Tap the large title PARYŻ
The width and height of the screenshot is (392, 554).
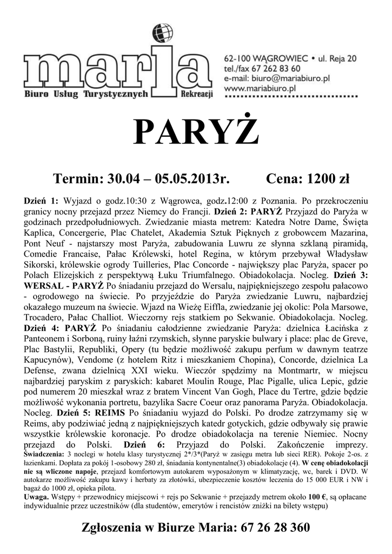[196, 132]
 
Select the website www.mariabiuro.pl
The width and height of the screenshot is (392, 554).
[259, 87]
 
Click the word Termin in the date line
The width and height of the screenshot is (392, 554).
[78, 178]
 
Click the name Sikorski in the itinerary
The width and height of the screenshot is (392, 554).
[44, 265]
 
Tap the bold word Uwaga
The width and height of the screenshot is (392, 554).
[37, 496]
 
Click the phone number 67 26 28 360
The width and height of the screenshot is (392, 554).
[273, 527]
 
